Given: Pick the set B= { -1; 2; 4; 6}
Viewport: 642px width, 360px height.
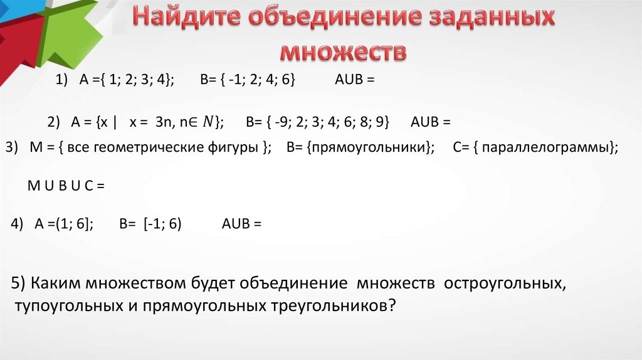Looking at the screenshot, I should [247, 80].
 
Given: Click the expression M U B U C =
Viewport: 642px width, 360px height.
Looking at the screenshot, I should [65, 186].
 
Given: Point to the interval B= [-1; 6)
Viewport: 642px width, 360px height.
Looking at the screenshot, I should [150, 225].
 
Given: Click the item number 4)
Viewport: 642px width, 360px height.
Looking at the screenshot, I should [18, 225].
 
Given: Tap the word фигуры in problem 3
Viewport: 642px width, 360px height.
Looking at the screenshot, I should [239, 148].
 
